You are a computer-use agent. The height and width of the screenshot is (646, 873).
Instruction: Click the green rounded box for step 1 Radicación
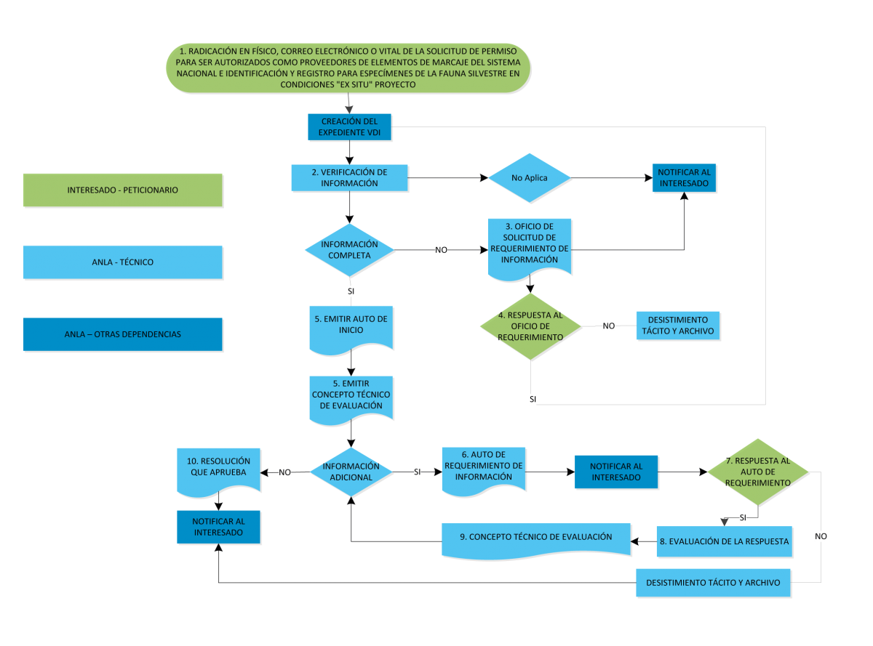(348, 68)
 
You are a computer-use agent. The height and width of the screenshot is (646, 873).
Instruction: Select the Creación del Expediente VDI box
(349, 126)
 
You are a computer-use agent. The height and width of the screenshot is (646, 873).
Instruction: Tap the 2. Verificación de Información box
(349, 178)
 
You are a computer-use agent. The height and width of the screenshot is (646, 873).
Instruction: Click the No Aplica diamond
(530, 178)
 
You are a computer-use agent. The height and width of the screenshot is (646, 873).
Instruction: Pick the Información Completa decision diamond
(349, 250)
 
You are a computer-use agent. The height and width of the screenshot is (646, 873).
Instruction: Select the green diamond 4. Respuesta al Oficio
(530, 326)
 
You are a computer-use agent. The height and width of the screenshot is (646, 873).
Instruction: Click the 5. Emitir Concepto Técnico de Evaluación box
(351, 399)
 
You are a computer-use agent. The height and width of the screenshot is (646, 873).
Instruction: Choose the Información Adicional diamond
(351, 472)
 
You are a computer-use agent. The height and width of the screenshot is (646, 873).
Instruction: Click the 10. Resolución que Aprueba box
(218, 469)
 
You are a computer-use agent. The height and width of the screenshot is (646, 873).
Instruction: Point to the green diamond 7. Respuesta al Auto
(757, 472)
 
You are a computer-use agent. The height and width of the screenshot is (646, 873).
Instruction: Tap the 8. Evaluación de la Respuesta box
(724, 541)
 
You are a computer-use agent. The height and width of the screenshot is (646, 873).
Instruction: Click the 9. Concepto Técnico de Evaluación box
(536, 538)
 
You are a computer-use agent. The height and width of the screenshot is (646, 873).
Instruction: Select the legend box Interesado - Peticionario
(123, 190)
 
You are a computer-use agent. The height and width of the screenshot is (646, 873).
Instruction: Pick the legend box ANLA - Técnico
(123, 262)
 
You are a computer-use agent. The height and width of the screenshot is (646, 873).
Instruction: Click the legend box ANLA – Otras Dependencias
(123, 334)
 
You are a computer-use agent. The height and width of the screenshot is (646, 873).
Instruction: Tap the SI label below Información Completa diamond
(351, 291)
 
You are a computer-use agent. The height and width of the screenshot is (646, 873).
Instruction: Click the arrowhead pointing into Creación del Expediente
(349, 109)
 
